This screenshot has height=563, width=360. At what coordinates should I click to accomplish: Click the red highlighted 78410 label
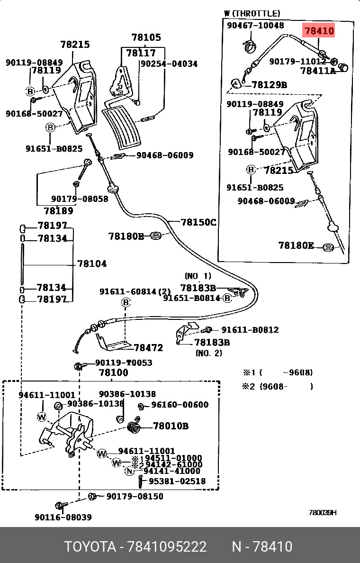(x=319, y=31)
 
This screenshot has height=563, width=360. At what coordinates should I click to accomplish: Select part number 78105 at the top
(x=146, y=37)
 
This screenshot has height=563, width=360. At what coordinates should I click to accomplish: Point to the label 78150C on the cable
(x=198, y=221)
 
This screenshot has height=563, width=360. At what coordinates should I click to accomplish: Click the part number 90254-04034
(x=170, y=64)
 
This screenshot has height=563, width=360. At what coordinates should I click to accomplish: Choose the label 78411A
(x=318, y=71)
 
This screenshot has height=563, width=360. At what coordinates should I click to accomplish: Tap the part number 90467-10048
(x=255, y=26)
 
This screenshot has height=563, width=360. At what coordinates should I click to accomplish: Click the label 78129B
(x=269, y=85)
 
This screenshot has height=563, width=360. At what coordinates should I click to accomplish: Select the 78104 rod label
(x=92, y=263)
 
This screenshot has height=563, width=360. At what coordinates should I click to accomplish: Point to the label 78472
(x=148, y=348)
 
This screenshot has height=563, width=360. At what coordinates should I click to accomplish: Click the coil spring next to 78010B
(x=135, y=426)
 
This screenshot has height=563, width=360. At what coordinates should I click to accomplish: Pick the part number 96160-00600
(x=180, y=405)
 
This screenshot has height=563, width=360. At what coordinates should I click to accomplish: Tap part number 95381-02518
(x=177, y=481)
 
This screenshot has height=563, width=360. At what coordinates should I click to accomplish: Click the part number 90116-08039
(x=63, y=517)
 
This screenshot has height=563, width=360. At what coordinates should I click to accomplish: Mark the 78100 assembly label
(x=113, y=373)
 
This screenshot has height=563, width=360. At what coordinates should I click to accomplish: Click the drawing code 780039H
(x=323, y=513)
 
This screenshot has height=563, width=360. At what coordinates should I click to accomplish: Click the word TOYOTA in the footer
(x=90, y=547)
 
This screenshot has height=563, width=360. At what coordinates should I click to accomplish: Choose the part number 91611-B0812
(x=250, y=330)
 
